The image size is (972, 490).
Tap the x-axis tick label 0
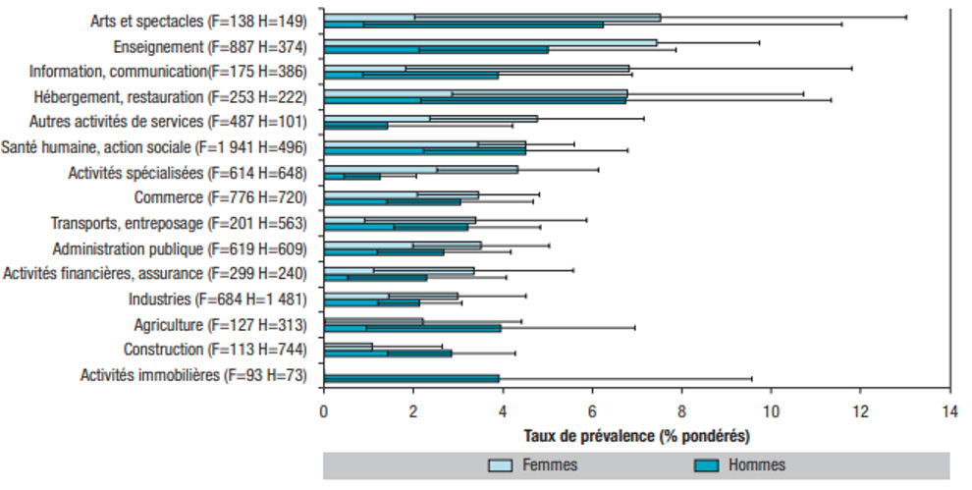tap(324, 411)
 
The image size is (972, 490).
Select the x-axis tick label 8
tap(681, 411)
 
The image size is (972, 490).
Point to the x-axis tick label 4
tap(503, 411)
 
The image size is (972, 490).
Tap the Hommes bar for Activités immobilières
tap(411, 378)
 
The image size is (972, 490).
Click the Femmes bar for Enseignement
tap(490, 42)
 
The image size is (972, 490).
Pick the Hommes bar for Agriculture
tap(412, 328)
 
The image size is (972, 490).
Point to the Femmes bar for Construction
tap(348, 346)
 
